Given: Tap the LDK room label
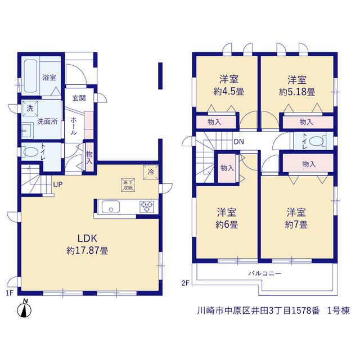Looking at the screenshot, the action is (x=88, y=238).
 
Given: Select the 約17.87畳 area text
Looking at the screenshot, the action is (x=88, y=251).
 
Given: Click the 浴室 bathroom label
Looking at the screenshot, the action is (x=49, y=78).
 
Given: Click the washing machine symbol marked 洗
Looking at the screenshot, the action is (x=30, y=109).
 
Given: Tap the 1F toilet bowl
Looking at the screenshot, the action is (x=30, y=152).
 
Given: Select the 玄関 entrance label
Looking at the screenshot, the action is (x=79, y=98).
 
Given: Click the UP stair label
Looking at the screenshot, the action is (x=58, y=184).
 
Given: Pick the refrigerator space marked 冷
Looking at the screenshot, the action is (x=151, y=172).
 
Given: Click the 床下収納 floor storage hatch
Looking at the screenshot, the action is (x=128, y=185).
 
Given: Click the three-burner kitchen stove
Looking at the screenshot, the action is (x=147, y=206).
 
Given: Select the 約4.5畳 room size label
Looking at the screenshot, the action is (x=229, y=92).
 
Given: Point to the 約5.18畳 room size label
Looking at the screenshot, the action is (x=297, y=92).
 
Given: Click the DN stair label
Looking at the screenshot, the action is (x=238, y=142).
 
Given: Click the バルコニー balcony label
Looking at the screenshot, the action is (x=264, y=273).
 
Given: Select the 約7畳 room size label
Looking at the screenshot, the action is (x=296, y=224).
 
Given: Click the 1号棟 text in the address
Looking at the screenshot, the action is (x=339, y=310).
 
